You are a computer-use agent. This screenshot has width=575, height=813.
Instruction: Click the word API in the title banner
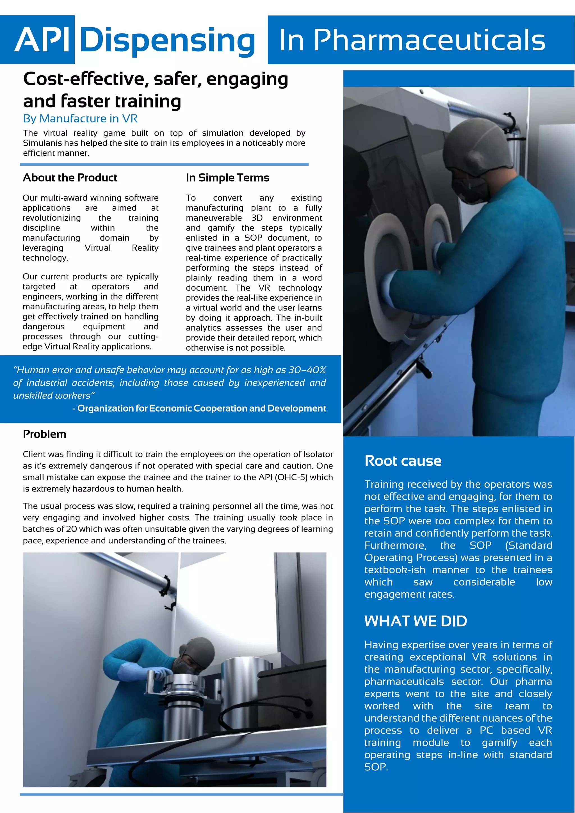pos(42,40)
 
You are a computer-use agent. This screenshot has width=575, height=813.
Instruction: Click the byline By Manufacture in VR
pos(80,119)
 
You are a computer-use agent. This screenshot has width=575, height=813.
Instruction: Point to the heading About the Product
pos(70,178)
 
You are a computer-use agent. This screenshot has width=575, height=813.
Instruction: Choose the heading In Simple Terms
pos(227,178)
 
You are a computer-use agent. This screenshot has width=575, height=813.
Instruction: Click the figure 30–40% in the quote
pos(307,370)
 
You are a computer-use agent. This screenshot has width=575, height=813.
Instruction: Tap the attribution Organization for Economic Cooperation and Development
pos(202,408)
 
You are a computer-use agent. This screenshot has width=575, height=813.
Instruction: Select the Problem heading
pos(45,434)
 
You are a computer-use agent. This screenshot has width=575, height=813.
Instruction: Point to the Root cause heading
pos(403,461)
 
